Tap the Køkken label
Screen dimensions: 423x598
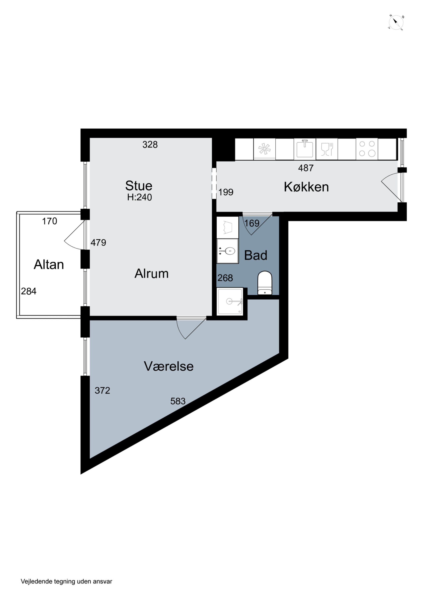(306, 187)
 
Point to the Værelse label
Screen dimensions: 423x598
(169, 366)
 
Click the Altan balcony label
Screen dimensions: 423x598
(49, 265)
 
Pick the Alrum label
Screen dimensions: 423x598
(151, 273)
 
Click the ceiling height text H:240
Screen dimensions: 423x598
(139, 197)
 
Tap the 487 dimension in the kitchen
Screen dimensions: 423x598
(306, 168)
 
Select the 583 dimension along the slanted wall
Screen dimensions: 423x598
(178, 401)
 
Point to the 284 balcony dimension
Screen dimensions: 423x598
(29, 291)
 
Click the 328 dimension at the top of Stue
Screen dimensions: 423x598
(150, 145)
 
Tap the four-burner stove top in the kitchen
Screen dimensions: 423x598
(367, 149)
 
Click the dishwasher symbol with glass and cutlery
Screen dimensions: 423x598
(327, 149)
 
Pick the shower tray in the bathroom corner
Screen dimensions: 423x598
(230, 301)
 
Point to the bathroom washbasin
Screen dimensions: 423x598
(228, 251)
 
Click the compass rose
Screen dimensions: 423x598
(396, 23)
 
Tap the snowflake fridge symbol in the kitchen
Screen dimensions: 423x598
(264, 149)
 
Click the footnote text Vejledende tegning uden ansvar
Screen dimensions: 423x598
(66, 581)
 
